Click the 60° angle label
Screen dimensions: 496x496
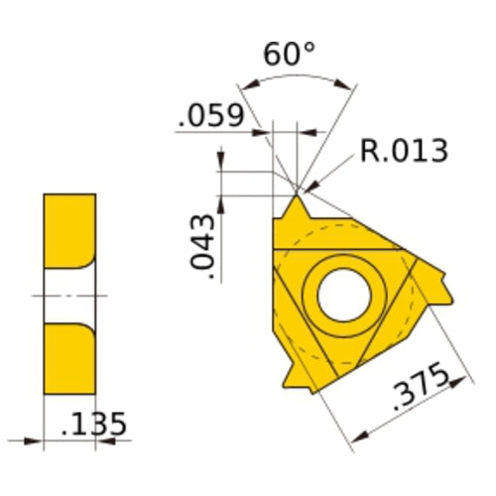click(289, 55)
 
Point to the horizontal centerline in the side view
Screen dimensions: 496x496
click(69, 295)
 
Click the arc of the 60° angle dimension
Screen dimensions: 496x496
click(298, 78)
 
